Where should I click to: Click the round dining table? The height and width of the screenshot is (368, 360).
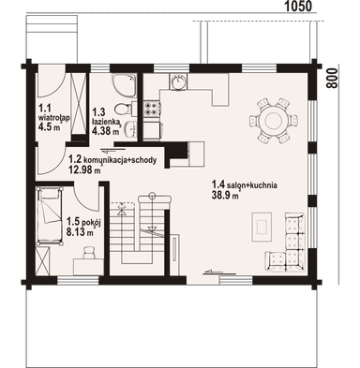tap(273, 119)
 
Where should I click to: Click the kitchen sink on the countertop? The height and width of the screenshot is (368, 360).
tap(175, 85)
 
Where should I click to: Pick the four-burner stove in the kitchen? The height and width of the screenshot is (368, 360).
tap(200, 85)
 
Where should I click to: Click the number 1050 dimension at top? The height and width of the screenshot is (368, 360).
tap(298, 7)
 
